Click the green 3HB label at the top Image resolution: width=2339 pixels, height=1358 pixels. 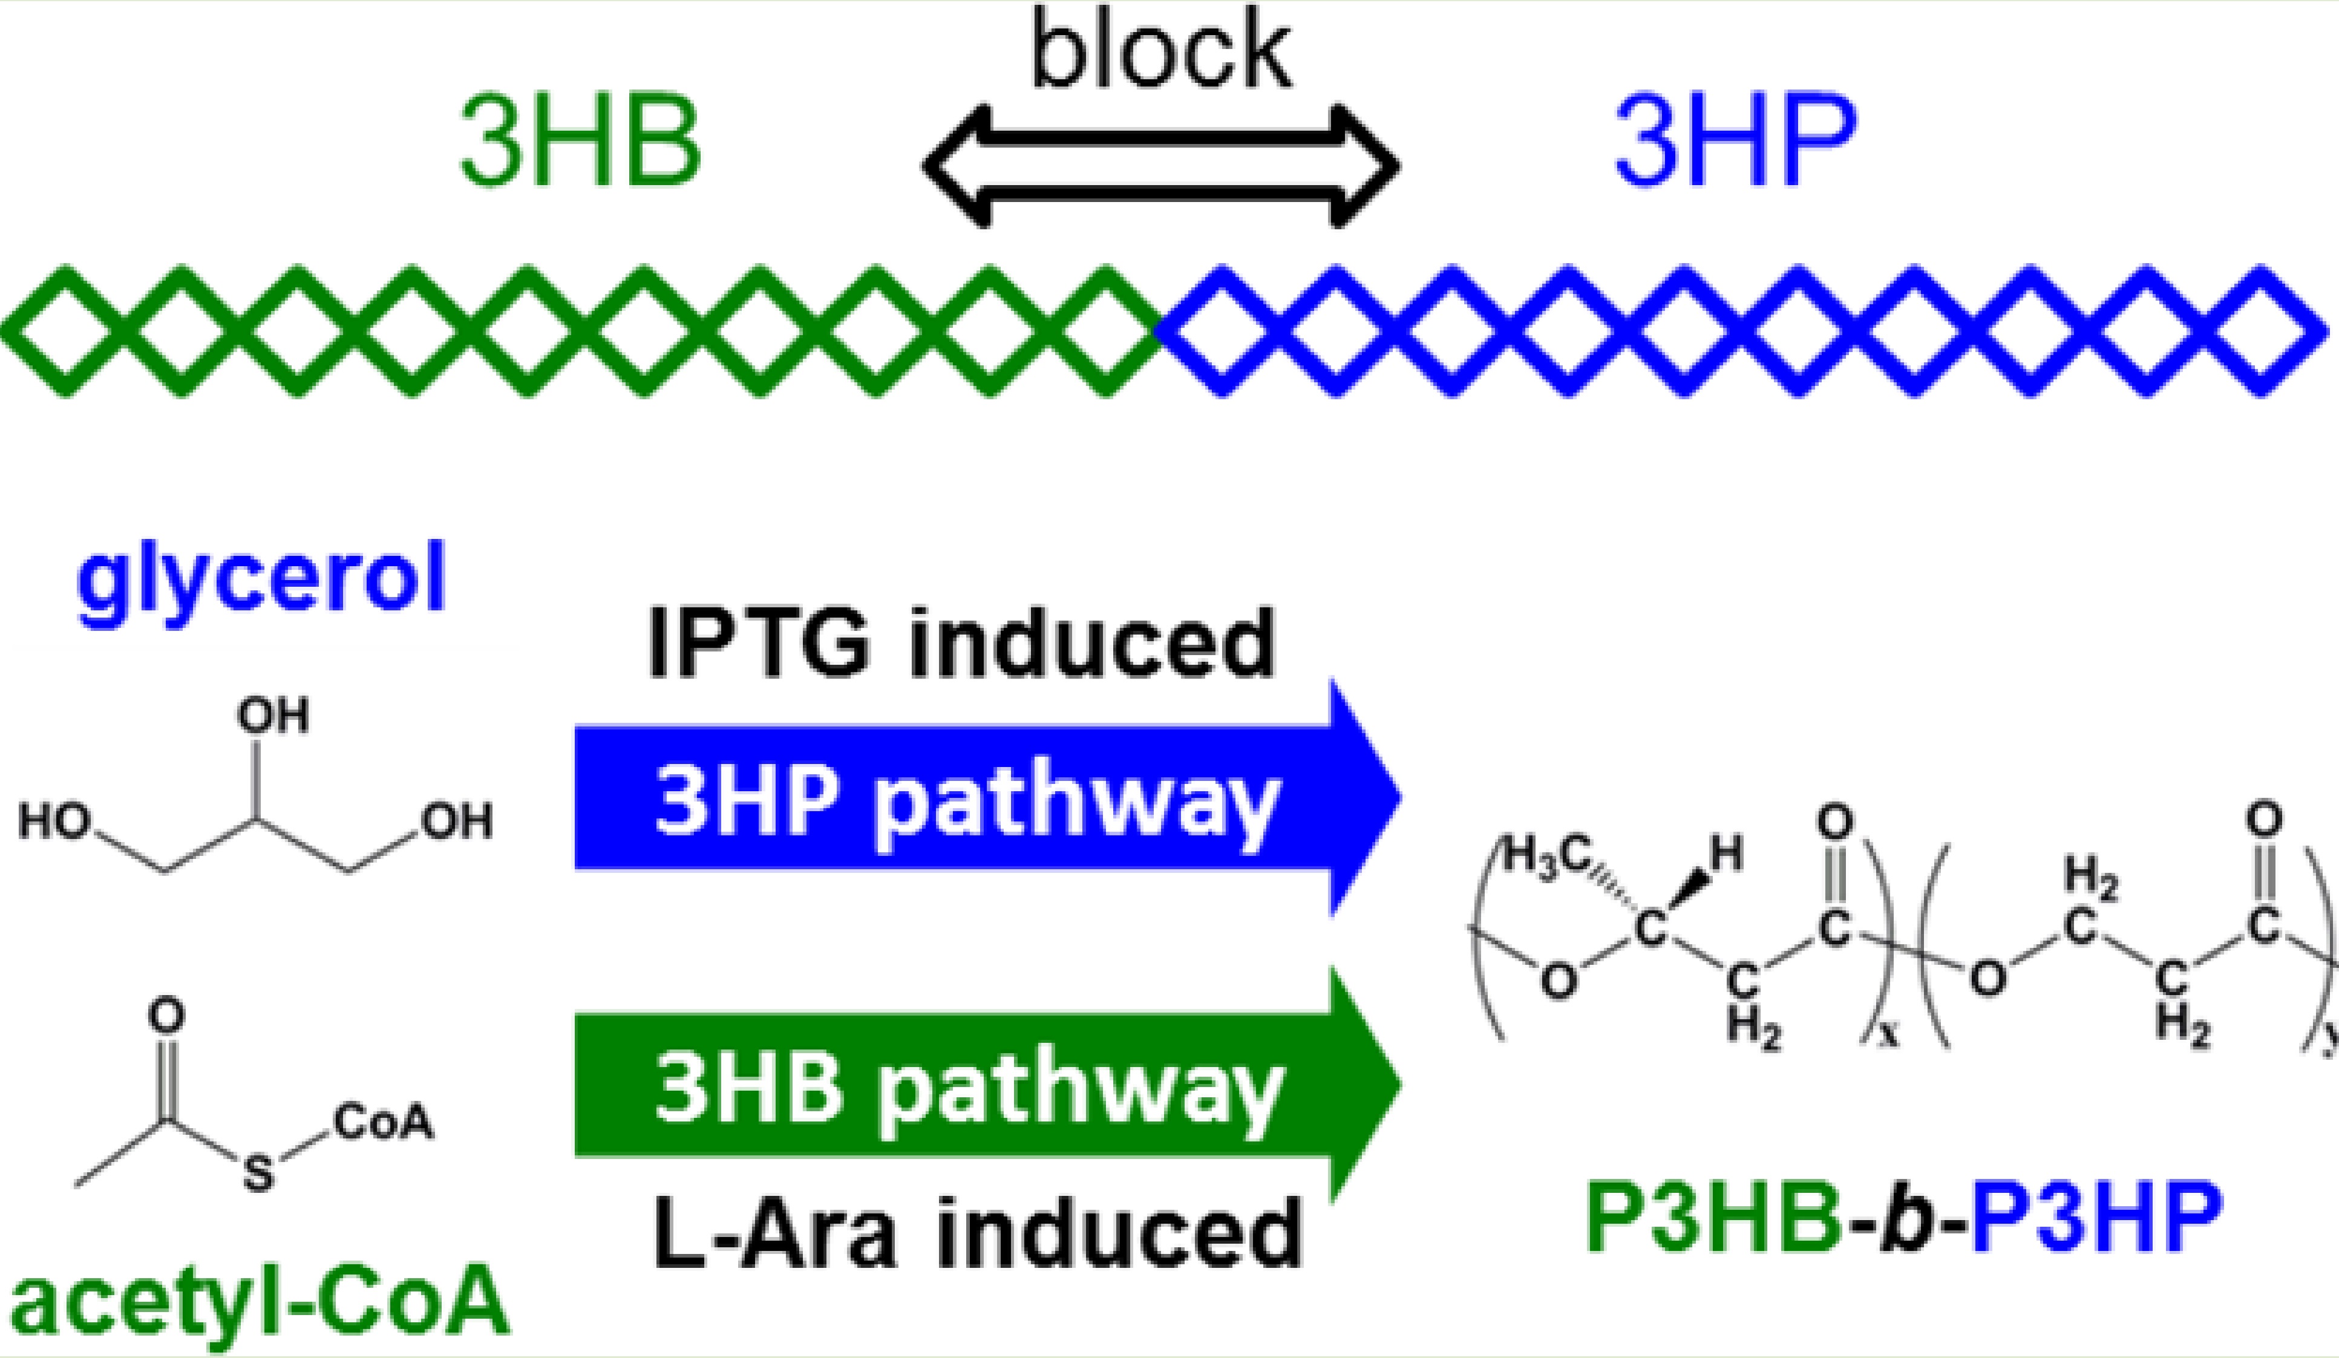pyautogui.click(x=580, y=144)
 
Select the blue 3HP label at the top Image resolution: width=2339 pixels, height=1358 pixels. pyautogui.click(x=1736, y=144)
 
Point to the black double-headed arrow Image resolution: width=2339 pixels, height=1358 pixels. pyautogui.click(x=1160, y=167)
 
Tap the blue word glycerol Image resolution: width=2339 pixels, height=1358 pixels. pyautogui.click(x=262, y=580)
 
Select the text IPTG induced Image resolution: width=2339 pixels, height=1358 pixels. pyautogui.click(x=961, y=642)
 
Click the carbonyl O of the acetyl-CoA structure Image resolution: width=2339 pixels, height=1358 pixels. pyautogui.click(x=166, y=1016)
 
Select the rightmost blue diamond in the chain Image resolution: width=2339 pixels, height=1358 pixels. pyautogui.click(x=2262, y=331)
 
